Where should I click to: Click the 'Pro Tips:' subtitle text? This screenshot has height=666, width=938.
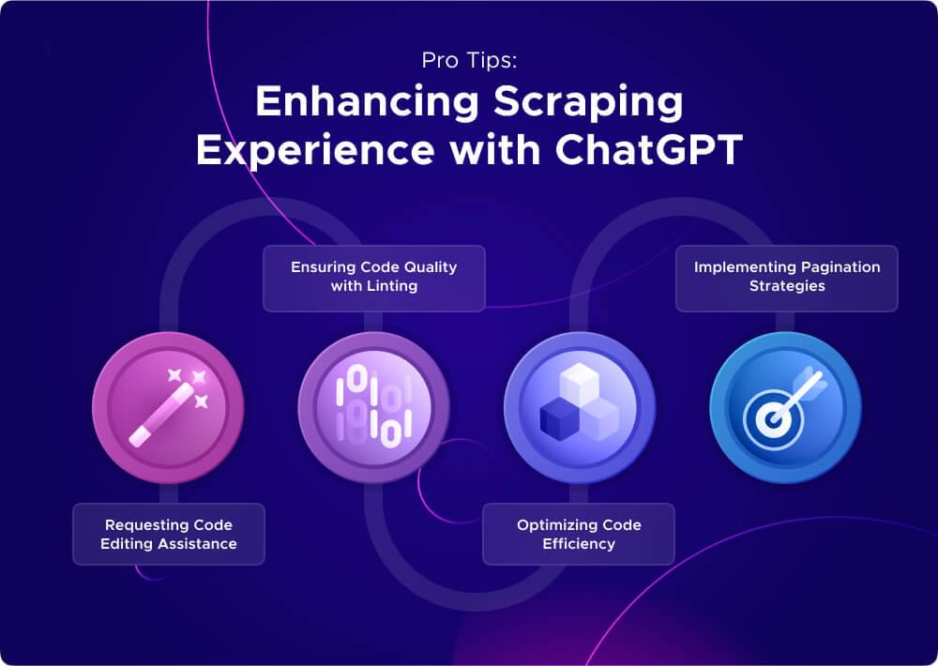[468, 62]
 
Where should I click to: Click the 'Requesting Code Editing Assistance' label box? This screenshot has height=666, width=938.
[169, 534]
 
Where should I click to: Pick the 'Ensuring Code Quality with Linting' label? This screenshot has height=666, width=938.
[373, 277]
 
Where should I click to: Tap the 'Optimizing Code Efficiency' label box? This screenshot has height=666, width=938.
[579, 534]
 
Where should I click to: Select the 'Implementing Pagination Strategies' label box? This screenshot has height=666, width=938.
[787, 277]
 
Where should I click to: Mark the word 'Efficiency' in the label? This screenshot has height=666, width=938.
[579, 543]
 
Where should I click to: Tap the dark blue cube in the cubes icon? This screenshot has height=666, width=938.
[559, 418]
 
